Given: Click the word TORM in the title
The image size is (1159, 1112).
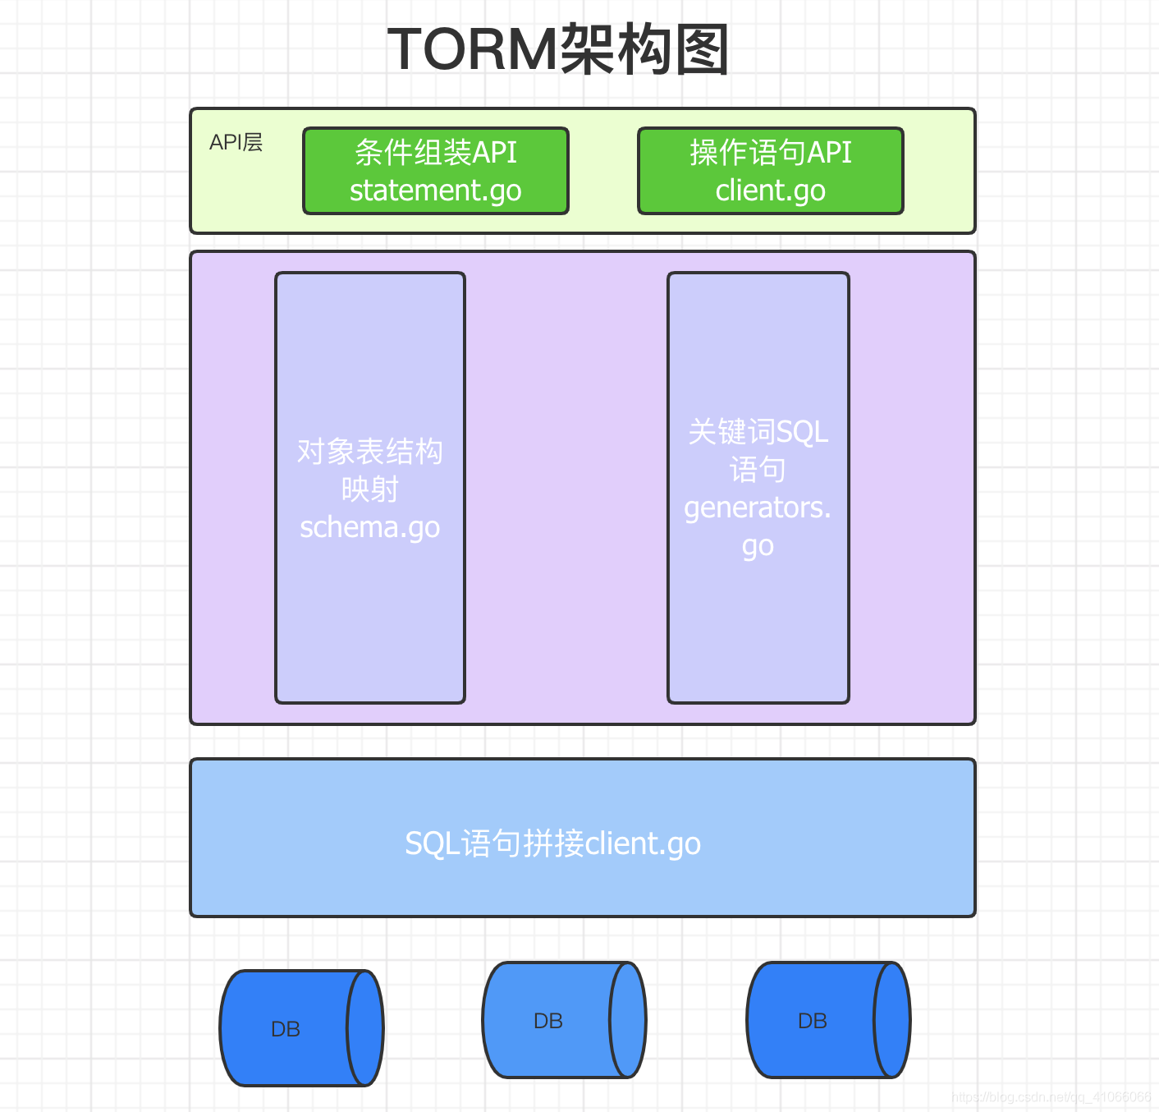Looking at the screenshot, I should (473, 49).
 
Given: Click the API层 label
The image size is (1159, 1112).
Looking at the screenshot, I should (236, 142).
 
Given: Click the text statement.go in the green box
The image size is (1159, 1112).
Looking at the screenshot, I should (435, 191).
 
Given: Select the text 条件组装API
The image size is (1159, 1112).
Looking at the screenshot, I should (435, 152).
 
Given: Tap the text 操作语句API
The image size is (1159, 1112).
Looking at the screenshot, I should (770, 152).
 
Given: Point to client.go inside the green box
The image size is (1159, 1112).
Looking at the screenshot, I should (770, 191).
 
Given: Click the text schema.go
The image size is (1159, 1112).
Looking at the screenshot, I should (369, 527).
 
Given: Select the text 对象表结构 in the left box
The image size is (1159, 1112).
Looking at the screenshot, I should (369, 451).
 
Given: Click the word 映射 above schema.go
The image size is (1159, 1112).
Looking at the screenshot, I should (369, 489).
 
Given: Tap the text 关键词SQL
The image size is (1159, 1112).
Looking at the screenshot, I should (758, 432).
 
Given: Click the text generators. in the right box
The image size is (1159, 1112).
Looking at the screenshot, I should (758, 508).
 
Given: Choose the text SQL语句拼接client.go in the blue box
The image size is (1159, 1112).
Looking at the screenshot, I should (552, 843).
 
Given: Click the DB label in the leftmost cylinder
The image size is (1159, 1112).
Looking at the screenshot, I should (286, 1029).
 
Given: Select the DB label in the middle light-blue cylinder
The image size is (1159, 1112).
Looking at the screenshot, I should (548, 1021).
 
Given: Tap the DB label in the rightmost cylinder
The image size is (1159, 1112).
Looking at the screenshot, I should (813, 1021).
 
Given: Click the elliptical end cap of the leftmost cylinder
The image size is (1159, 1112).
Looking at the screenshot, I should (365, 1028).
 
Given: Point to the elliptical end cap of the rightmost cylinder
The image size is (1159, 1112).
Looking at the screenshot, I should (892, 1020).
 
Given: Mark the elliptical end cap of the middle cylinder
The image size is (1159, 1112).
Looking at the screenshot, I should (628, 1020).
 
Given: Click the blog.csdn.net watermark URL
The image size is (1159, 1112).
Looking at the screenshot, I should (1051, 1097).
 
